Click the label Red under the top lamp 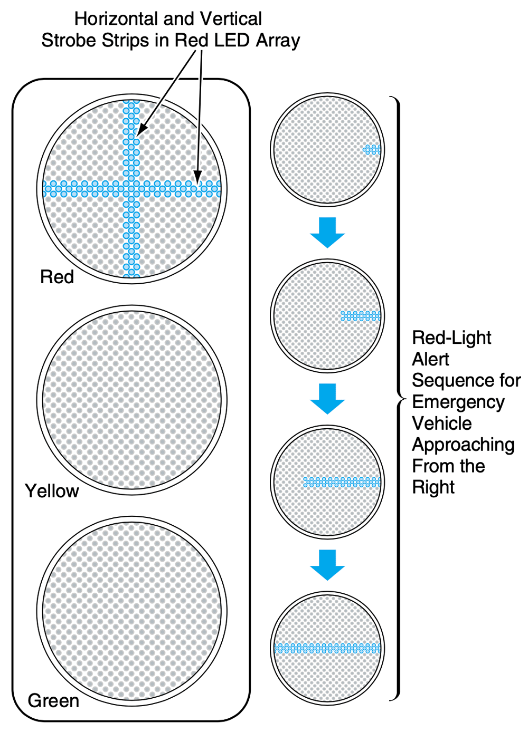click(57, 277)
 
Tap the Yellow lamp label click(52, 491)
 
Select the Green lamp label click(53, 701)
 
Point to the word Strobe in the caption click(68, 41)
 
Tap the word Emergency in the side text click(458, 402)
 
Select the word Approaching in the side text click(463, 445)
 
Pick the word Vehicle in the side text click(442, 423)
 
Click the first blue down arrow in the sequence click(327, 233)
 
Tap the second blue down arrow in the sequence click(327, 399)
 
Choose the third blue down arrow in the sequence click(327, 565)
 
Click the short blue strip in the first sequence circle click(372, 150)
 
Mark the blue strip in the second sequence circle click(361, 316)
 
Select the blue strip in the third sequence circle click(342, 482)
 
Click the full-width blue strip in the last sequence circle click(327, 648)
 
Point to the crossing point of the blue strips click(131, 188)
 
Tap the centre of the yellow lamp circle click(132, 400)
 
